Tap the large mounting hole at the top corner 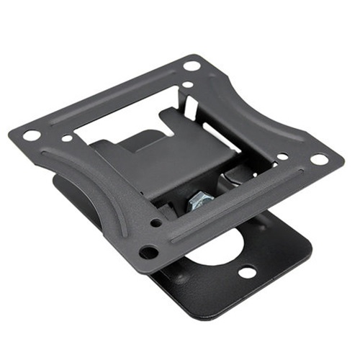click(192, 66)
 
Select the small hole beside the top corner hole click(187, 84)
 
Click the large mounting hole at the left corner click(31, 135)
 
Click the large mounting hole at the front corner click(148, 252)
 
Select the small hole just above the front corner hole click(156, 222)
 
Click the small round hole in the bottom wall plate click(247, 272)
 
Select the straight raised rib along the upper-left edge click(115, 97)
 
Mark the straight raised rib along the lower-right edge click(238, 212)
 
